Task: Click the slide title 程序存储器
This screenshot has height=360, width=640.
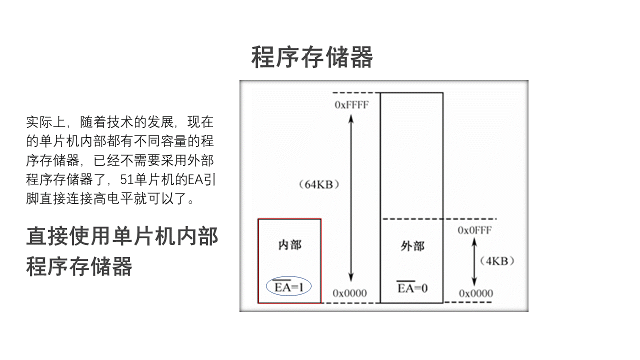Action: point(312,57)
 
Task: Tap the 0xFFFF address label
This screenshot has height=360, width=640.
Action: point(351,104)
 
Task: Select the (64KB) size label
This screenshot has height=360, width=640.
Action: point(319,184)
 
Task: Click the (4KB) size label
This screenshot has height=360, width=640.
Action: point(496,261)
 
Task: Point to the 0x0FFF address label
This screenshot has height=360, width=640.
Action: point(474,230)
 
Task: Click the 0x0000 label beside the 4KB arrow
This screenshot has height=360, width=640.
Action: point(475,293)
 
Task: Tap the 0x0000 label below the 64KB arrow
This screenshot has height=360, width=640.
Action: point(350,293)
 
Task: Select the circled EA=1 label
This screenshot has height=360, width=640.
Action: point(289,286)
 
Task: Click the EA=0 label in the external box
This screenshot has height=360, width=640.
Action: point(412,287)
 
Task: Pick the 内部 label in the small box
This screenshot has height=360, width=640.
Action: point(289,245)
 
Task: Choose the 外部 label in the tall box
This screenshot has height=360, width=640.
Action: point(412,246)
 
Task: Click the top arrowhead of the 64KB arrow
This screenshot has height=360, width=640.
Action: point(351,118)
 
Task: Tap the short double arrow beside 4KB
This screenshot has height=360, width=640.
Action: point(474,261)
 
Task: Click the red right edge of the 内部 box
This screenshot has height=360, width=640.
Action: point(320,260)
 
